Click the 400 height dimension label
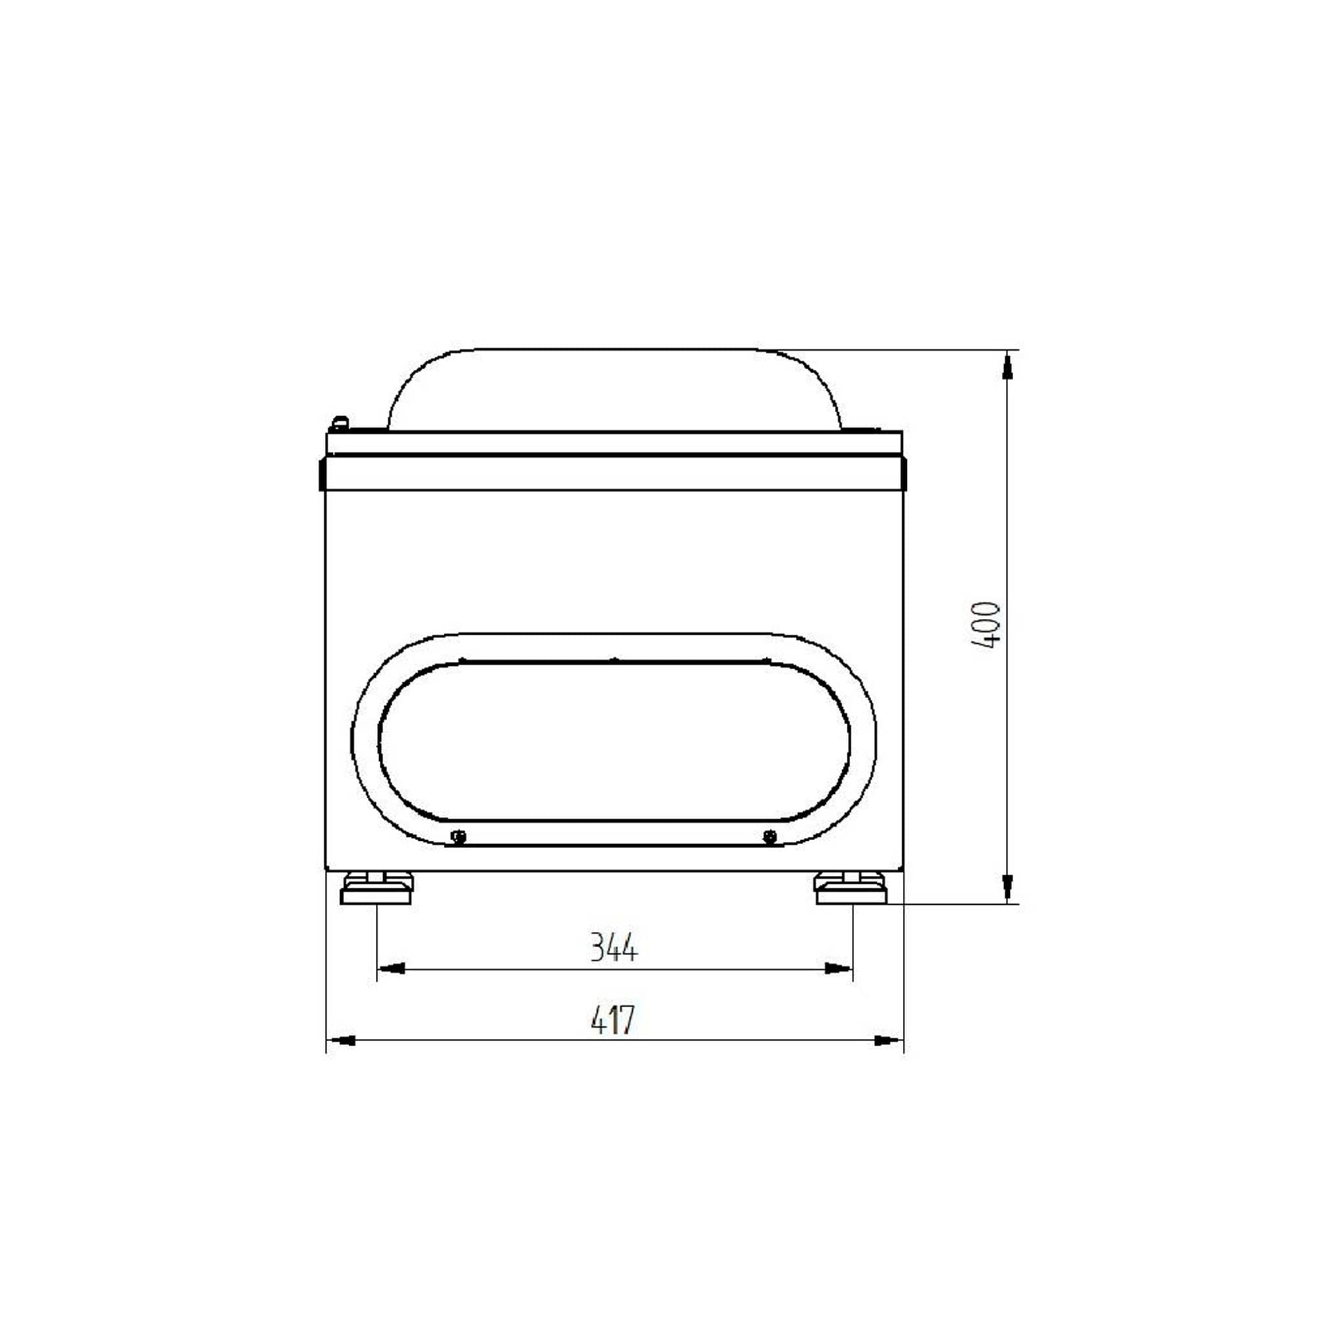pyautogui.click(x=985, y=624)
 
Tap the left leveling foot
pyautogui.click(x=376, y=888)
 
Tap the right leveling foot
pyautogui.click(x=851, y=888)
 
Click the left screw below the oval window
pyautogui.click(x=460, y=836)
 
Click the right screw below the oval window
pyautogui.click(x=770, y=836)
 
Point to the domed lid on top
pyautogui.click(x=614, y=390)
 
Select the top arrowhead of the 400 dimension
pyautogui.click(x=1007, y=366)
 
